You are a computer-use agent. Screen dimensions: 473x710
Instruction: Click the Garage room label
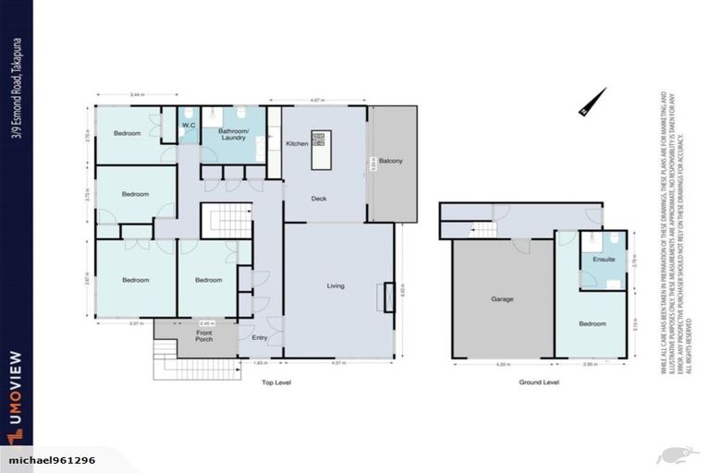[x=502, y=299]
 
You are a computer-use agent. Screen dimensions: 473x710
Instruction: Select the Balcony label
[x=391, y=162]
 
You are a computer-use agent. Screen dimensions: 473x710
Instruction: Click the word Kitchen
[x=297, y=144]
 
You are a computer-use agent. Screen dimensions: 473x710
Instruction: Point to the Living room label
[x=336, y=285]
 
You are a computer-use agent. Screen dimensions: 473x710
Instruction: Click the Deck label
[x=319, y=198]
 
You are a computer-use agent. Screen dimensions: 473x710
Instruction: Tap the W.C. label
[x=188, y=125]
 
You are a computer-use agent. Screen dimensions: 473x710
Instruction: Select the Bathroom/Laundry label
[x=233, y=134]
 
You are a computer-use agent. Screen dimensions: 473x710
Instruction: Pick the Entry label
[x=260, y=337]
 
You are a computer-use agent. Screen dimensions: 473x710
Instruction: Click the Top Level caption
[x=277, y=382]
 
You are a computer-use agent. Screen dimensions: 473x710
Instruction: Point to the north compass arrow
[x=593, y=102]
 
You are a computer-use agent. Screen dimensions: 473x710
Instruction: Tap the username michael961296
[x=52, y=460]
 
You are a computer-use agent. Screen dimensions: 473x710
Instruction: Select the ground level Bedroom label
[x=593, y=323]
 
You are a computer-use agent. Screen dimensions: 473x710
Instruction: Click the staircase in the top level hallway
[x=227, y=222]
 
